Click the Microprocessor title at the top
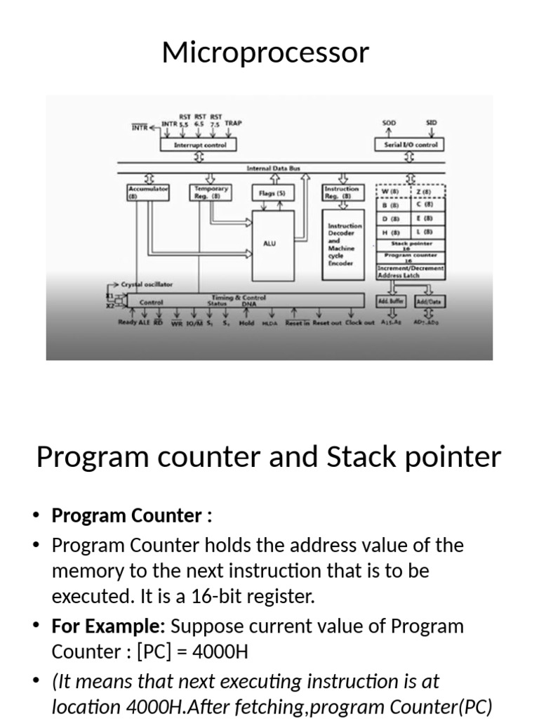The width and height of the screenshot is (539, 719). click(x=265, y=53)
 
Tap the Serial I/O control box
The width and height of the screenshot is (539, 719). click(x=411, y=145)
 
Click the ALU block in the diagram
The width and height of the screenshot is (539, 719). click(x=269, y=244)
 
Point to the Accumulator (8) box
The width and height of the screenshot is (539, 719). click(x=148, y=192)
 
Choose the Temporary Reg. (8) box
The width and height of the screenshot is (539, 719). click(x=211, y=192)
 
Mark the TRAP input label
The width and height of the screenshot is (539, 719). click(x=233, y=124)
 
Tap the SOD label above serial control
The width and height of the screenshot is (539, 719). click(x=389, y=123)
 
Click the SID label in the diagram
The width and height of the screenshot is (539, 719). click(x=431, y=123)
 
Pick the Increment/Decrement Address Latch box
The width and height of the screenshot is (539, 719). click(x=411, y=272)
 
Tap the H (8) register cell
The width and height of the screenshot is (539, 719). click(x=391, y=232)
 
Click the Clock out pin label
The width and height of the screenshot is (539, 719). click(x=359, y=323)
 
